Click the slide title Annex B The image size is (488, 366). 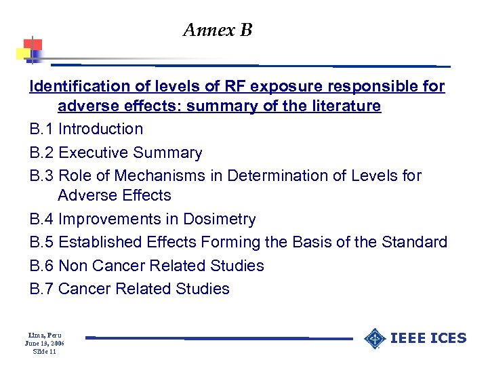217,30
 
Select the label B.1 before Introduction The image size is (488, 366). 41,129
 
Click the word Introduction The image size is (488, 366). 101,129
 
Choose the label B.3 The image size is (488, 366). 41,176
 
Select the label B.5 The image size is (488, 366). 41,243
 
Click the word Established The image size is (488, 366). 101,243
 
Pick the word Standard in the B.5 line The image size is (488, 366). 418,243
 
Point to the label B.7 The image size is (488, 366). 41,289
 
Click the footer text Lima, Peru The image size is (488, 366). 44,335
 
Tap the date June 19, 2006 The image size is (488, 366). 44,344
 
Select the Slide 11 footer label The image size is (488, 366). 44,352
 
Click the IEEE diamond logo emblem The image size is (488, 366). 375,338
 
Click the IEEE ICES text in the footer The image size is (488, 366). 430,338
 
